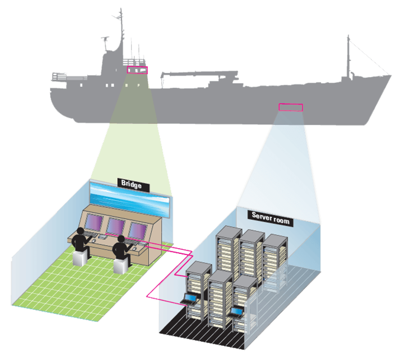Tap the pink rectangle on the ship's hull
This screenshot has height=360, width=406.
click(x=291, y=107)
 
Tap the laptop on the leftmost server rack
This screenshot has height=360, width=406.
click(x=190, y=299)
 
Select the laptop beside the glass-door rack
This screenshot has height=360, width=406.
click(x=236, y=311)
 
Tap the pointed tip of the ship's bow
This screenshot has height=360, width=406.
click(x=391, y=76)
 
